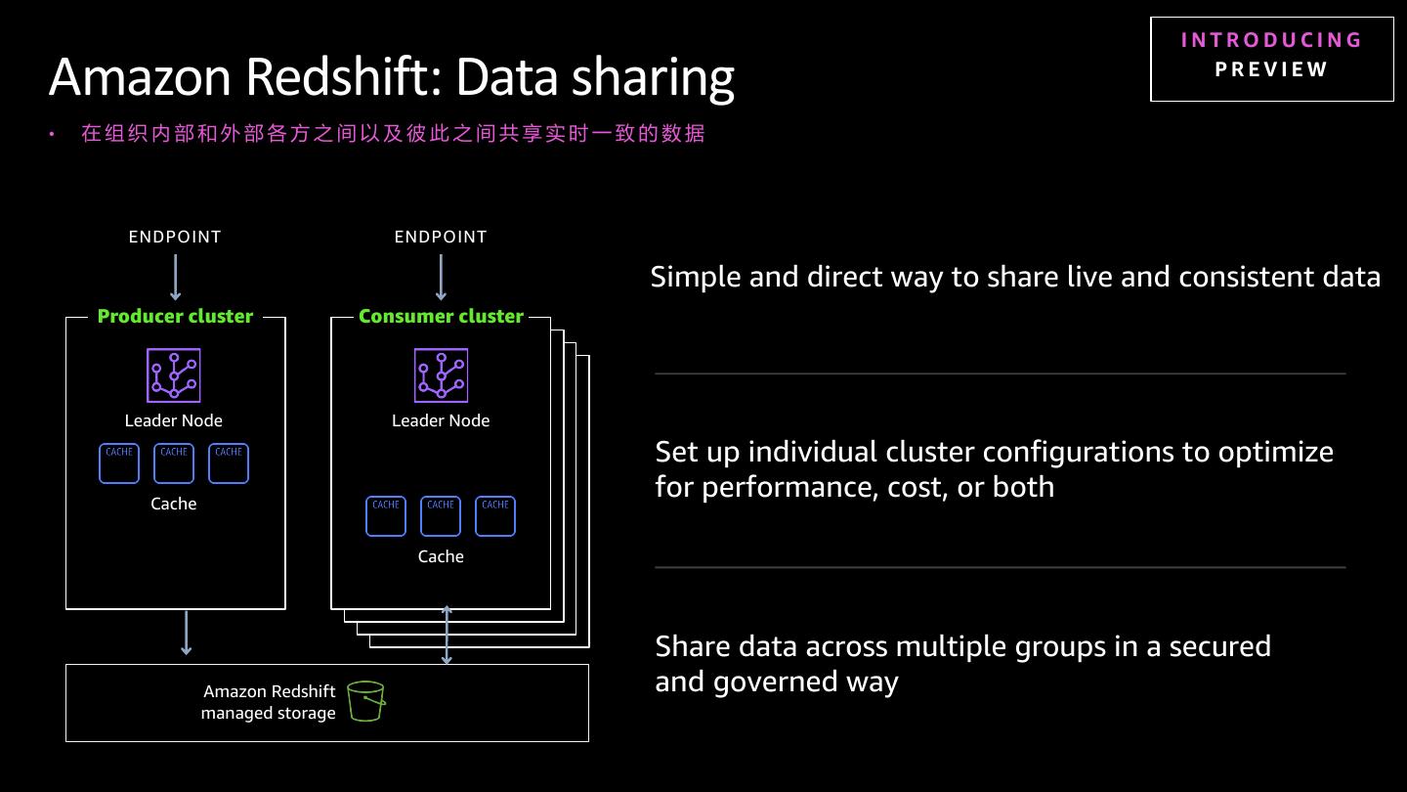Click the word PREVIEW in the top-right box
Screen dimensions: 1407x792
coord(1271,69)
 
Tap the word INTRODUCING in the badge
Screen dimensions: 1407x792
coord(1271,40)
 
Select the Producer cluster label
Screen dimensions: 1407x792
coord(175,316)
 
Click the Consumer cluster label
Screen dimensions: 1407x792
coord(441,316)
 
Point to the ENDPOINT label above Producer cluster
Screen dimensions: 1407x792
coord(175,237)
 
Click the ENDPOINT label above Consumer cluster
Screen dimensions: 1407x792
coord(441,237)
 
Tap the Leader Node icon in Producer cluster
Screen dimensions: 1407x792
coord(174,375)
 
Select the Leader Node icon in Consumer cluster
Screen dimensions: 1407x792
coord(441,375)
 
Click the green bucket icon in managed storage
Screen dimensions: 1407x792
coord(366,701)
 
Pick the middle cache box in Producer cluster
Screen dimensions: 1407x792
coord(174,463)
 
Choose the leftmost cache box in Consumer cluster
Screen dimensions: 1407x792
coord(386,516)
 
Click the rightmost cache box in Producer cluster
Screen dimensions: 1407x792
coord(229,463)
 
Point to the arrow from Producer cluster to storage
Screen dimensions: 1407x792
coord(186,633)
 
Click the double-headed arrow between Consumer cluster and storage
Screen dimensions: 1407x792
coord(447,635)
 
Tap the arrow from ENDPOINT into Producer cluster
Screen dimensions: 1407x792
coord(175,278)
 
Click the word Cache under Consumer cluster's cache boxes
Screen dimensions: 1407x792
coord(441,556)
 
